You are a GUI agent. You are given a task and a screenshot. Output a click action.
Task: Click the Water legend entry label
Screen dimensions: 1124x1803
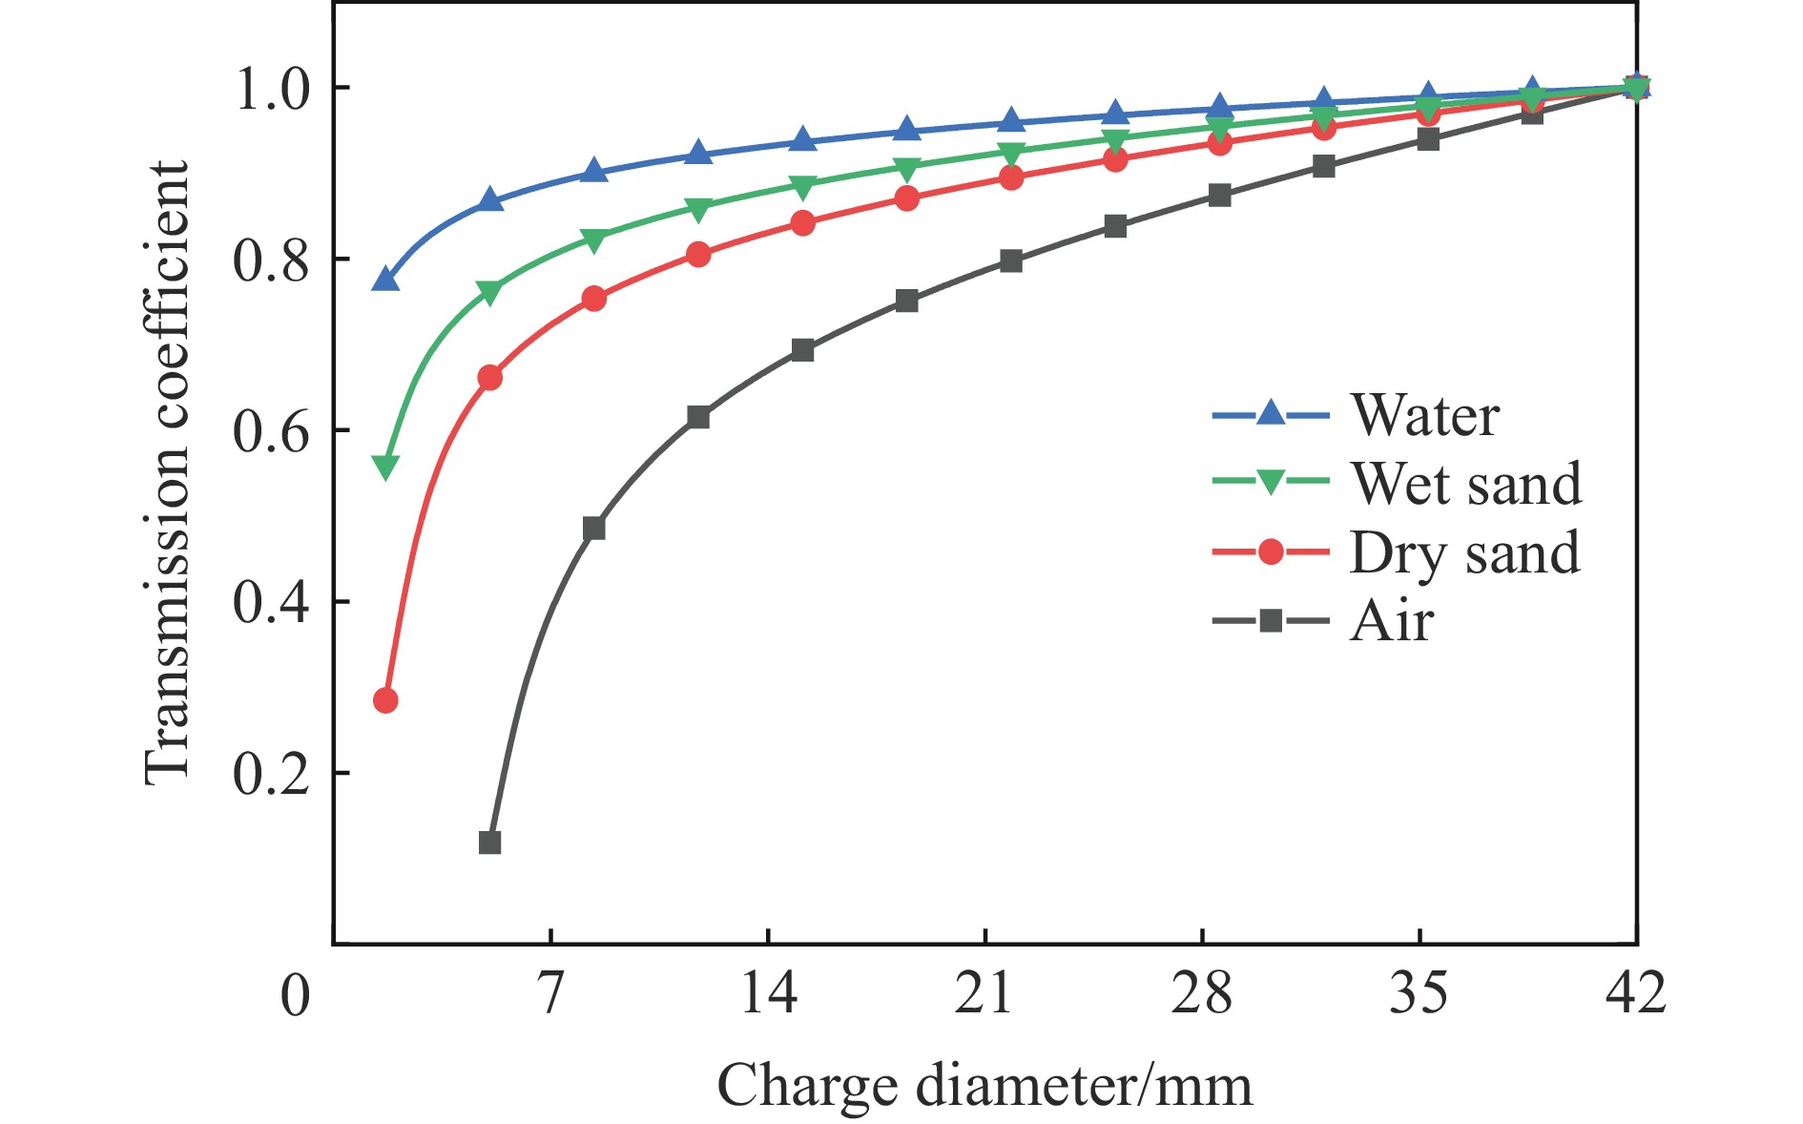coord(1424,416)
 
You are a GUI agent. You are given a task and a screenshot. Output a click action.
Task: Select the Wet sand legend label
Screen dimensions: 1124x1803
coord(1466,484)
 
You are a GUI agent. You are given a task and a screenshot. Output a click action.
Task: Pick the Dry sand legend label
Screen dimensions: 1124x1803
coord(1464,553)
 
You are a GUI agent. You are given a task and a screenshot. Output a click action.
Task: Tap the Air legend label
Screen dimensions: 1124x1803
coord(1392,622)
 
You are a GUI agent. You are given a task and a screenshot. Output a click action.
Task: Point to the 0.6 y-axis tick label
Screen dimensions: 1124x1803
coord(272,431)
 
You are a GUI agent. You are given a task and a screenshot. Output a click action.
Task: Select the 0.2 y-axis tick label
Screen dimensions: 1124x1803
coord(272,774)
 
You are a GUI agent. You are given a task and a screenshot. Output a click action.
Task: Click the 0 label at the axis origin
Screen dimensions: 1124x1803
coord(296,995)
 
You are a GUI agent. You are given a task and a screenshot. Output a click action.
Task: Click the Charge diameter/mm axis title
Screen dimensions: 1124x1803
coord(984,1086)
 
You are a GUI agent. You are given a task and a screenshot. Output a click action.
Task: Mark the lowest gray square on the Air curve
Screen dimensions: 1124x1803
coord(489,843)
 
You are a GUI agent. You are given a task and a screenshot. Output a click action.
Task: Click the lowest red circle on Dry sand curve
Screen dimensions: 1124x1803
coord(385,700)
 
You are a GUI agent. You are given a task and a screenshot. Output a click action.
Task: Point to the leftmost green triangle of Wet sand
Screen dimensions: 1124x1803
coord(385,468)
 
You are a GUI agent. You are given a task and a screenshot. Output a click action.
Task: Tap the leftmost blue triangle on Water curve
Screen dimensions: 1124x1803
coord(385,280)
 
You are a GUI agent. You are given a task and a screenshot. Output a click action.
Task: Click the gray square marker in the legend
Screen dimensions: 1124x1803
coord(1271,622)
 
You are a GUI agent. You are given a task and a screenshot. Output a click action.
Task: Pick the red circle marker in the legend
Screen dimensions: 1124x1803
coord(1271,552)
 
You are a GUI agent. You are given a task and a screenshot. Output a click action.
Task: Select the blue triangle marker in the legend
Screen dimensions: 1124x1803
coord(1271,414)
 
